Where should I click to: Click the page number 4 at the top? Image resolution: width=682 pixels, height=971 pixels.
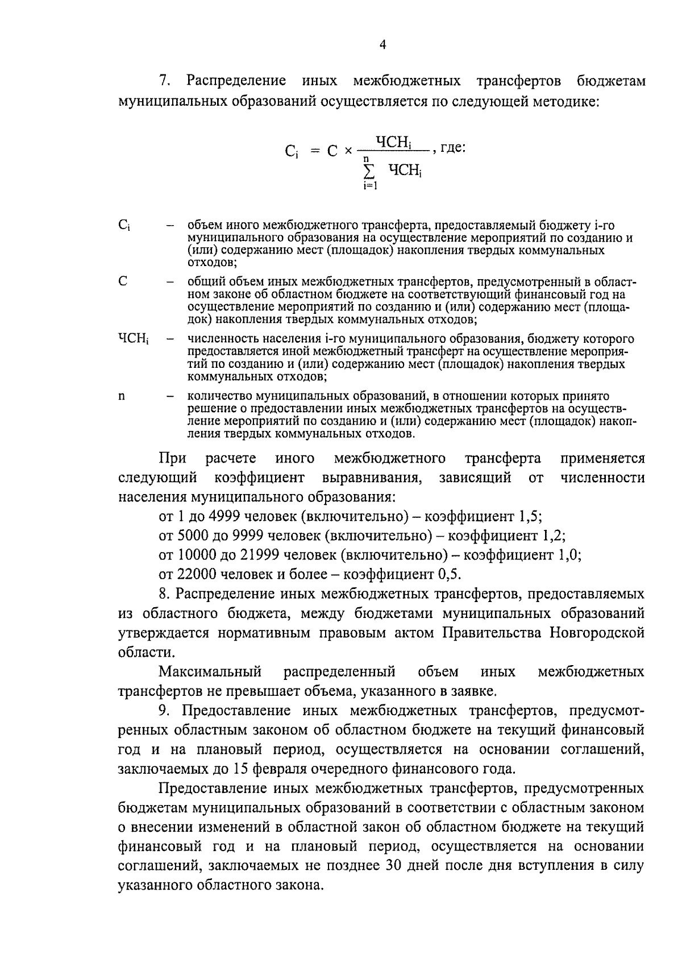[382, 45]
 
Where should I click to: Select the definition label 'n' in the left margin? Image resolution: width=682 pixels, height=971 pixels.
[122, 396]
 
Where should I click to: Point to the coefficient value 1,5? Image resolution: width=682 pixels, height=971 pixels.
[530, 516]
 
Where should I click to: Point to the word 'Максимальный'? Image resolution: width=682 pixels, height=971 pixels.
[210, 672]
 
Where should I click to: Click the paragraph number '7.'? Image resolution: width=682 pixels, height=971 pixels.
[165, 81]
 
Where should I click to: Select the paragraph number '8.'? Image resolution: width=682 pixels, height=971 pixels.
[165, 594]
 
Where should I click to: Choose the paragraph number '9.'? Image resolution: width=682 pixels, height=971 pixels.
[165, 711]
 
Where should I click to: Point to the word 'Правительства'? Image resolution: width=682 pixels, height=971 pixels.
[492, 633]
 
